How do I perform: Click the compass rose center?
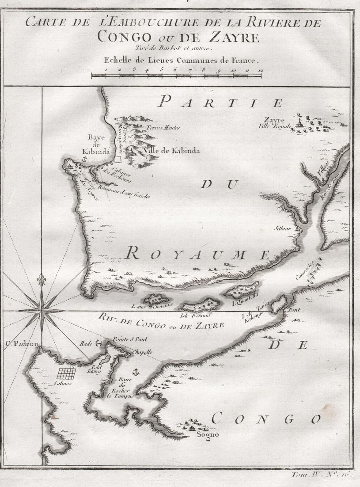(x=42, y=311)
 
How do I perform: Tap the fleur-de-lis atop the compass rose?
(x=42, y=280)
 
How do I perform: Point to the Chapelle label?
(x=143, y=352)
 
